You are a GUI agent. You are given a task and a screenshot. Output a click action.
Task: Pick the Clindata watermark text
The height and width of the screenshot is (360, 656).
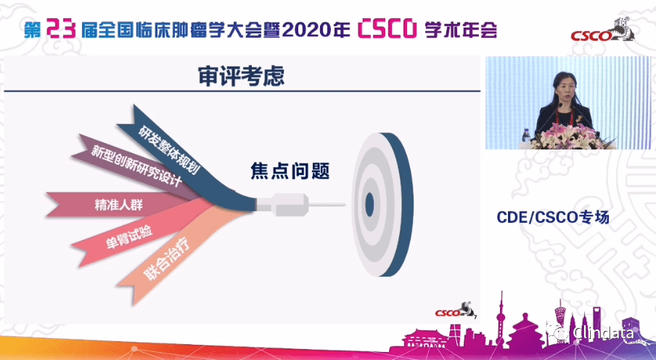pyautogui.click(x=602, y=332)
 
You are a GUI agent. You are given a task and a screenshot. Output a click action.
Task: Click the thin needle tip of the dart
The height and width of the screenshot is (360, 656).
pyautogui.click(x=333, y=205)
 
